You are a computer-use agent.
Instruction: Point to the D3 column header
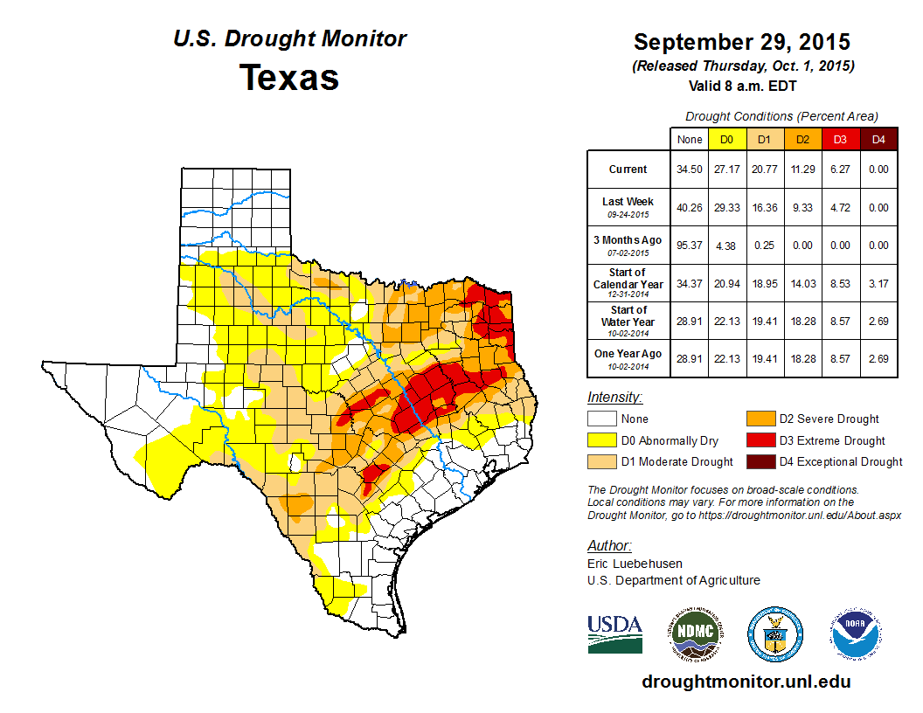pos(839,139)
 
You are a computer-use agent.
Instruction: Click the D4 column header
pos(878,139)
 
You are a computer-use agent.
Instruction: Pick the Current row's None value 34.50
pos(690,170)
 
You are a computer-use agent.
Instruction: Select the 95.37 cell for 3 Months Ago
pos(690,246)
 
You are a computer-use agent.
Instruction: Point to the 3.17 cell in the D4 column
pos(878,283)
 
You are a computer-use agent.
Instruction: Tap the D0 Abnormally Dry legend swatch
pos(600,440)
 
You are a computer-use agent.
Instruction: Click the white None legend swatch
pos(600,419)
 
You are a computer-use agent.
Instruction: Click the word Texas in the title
pos(289,77)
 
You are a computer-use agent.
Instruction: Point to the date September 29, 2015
pos(742,42)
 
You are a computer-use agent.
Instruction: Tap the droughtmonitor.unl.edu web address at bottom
pos(746,682)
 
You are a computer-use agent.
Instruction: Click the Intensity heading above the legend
pos(614,398)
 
